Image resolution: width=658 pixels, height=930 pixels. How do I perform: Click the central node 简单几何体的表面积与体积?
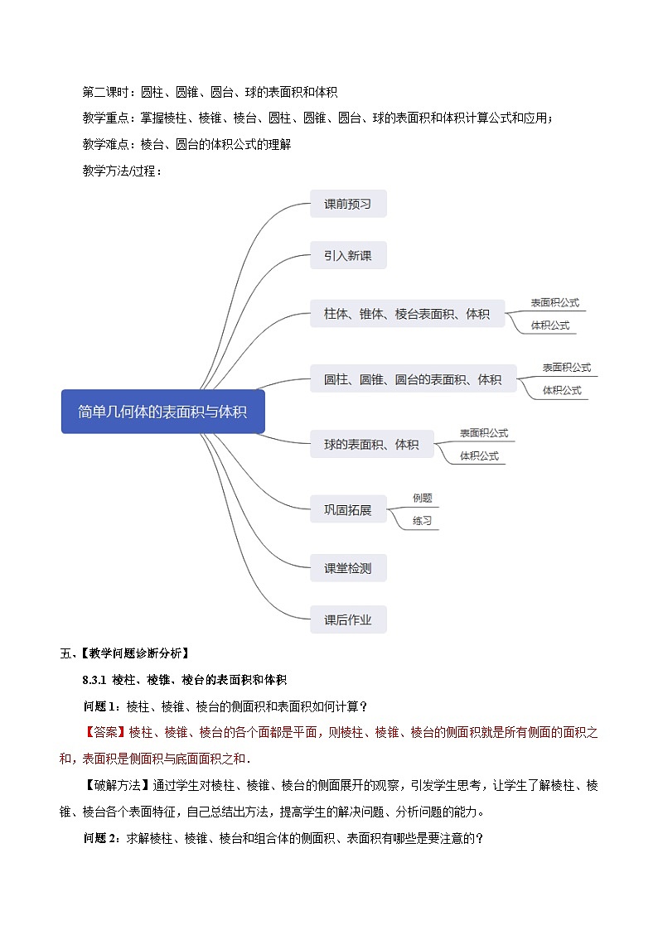click(162, 412)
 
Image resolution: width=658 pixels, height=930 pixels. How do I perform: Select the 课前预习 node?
click(348, 204)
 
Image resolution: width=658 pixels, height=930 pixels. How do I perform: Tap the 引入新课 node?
click(348, 256)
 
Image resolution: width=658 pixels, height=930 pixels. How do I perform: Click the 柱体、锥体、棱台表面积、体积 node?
click(407, 314)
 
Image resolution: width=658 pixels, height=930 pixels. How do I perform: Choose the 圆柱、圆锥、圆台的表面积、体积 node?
click(413, 379)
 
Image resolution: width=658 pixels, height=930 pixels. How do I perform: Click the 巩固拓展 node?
click(348, 510)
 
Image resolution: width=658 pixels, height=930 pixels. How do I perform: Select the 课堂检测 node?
click(348, 568)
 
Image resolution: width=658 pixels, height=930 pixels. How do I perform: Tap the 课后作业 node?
click(348, 619)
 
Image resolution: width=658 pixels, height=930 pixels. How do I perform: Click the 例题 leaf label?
click(423, 498)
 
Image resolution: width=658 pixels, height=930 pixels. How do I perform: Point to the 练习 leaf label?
click(423, 521)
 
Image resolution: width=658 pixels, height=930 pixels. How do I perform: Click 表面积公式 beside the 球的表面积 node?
click(484, 432)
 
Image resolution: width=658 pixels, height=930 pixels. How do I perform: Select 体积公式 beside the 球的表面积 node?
click(479, 455)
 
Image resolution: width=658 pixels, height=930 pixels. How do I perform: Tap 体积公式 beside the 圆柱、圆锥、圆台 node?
click(562, 390)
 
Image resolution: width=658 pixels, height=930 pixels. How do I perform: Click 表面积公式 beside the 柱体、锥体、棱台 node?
click(555, 302)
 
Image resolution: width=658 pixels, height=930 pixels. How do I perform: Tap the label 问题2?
click(101, 838)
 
